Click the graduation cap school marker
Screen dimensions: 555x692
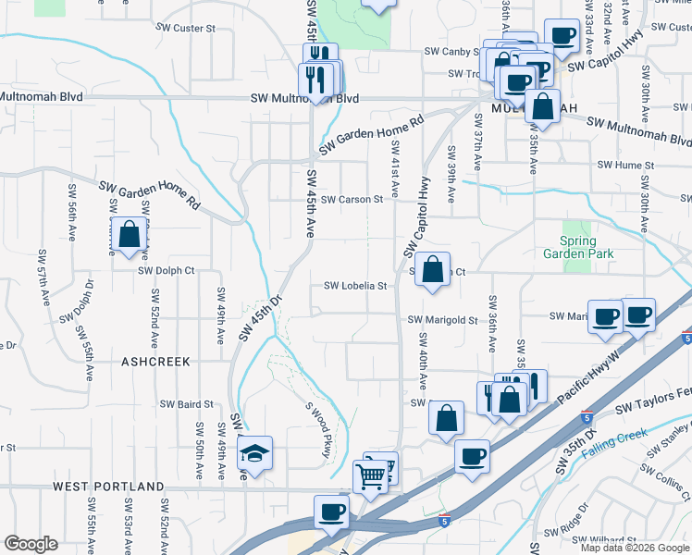pos(253,453)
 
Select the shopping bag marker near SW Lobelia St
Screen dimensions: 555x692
pos(432,270)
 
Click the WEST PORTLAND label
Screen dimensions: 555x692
pos(108,487)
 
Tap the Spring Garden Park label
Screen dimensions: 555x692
pos(590,247)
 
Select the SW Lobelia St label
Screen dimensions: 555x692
pos(355,287)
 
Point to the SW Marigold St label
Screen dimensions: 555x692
pos(443,321)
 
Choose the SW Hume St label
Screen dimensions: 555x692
pos(625,165)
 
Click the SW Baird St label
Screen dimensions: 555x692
pos(187,404)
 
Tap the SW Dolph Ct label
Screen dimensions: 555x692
pos(167,271)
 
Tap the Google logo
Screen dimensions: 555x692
pos(31,544)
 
